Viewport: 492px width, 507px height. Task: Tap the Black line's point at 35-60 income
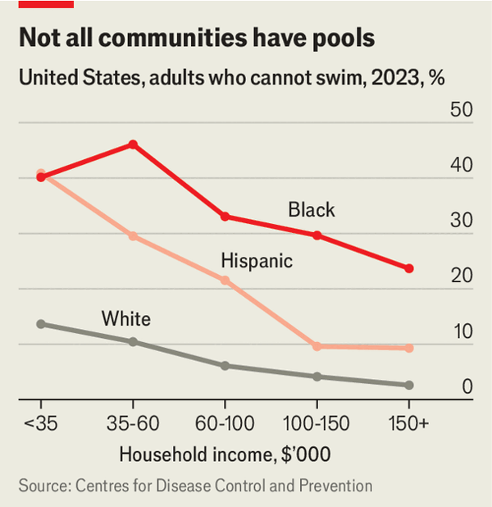point(133,144)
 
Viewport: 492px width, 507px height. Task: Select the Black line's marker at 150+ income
point(409,268)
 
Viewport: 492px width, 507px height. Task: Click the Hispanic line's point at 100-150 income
point(317,346)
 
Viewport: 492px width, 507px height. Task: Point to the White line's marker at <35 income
point(40,324)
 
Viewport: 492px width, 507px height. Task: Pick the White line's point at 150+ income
point(409,385)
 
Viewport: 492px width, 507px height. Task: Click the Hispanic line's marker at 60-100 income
point(225,281)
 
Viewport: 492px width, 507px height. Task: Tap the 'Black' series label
point(311,210)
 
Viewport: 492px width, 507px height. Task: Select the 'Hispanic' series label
point(257,261)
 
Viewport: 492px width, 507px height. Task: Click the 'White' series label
point(125,318)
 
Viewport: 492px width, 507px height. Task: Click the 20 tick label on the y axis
point(462,276)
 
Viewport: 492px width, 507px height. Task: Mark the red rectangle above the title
point(46,4)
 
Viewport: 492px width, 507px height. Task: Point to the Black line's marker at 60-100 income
point(225,217)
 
